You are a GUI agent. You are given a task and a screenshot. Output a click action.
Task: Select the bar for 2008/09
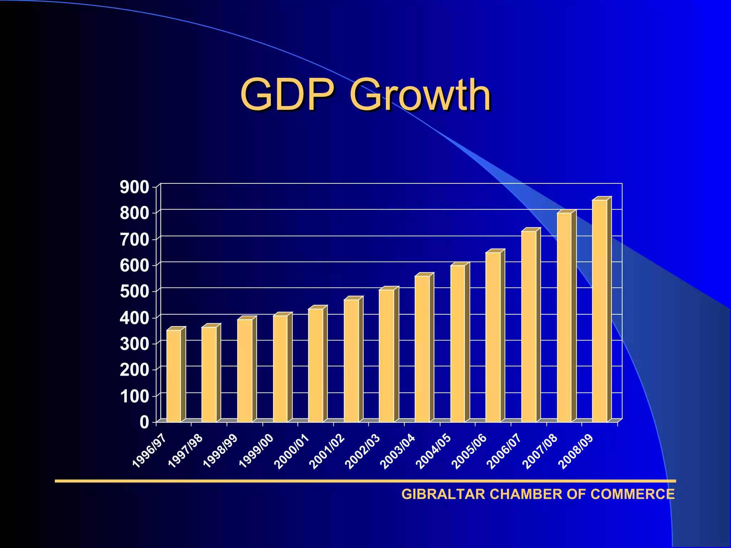(x=600, y=311)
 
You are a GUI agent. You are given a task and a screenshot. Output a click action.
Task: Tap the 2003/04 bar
(x=422, y=349)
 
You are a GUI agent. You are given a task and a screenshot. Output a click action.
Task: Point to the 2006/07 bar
(x=529, y=326)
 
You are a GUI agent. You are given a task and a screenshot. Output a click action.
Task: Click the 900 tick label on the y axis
(x=134, y=187)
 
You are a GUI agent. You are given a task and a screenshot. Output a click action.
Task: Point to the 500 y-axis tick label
(x=134, y=292)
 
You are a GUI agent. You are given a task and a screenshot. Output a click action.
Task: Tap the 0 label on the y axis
(x=144, y=422)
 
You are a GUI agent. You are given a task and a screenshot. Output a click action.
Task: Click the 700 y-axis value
(x=134, y=240)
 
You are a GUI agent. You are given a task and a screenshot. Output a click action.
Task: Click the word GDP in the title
(x=288, y=95)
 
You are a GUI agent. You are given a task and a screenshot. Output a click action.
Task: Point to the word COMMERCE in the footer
(x=632, y=494)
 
